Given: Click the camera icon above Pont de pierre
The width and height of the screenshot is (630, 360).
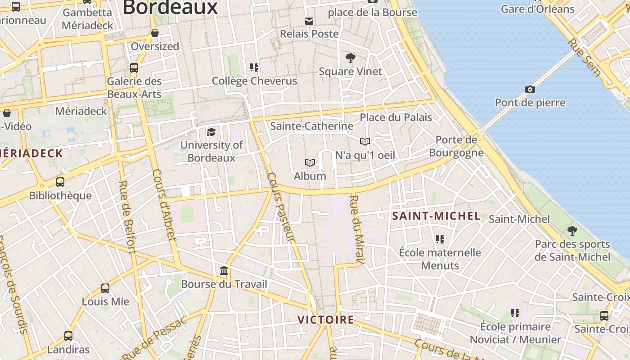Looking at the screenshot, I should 530,89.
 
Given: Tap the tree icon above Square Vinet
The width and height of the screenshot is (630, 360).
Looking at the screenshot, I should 350,58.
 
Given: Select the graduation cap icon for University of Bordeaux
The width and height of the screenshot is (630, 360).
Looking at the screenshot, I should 211,132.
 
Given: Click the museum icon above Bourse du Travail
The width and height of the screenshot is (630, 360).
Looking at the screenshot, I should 224,271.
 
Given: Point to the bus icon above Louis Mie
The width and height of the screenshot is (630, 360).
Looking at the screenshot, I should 105,288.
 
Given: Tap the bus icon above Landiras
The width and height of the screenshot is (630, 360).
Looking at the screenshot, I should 68,336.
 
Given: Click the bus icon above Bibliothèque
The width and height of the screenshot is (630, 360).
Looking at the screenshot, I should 60,182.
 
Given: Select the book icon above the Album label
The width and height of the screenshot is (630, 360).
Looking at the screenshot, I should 310,162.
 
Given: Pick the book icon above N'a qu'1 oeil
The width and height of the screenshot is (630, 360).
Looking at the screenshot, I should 365,142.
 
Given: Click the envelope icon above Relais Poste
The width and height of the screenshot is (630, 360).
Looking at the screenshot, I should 309,21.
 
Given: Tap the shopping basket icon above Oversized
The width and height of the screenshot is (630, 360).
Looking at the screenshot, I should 155,33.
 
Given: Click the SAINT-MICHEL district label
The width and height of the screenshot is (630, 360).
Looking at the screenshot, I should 436,216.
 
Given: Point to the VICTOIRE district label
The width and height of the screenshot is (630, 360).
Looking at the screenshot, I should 326,320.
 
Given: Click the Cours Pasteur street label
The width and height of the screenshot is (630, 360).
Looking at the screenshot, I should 280,207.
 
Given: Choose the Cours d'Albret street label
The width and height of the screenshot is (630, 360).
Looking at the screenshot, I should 164,204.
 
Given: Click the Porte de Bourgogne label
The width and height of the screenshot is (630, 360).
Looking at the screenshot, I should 456,146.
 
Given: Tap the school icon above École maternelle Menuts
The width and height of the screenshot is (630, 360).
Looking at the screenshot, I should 440,239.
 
